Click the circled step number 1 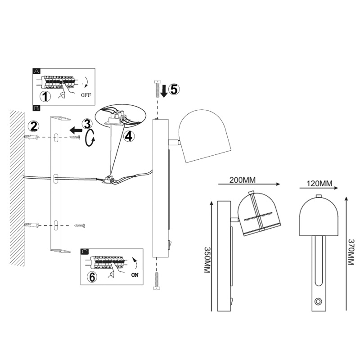coord(45,96)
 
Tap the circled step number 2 coord(33,126)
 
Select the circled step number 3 coord(87,124)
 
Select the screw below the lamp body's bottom coord(156,282)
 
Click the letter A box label coord(36,72)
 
